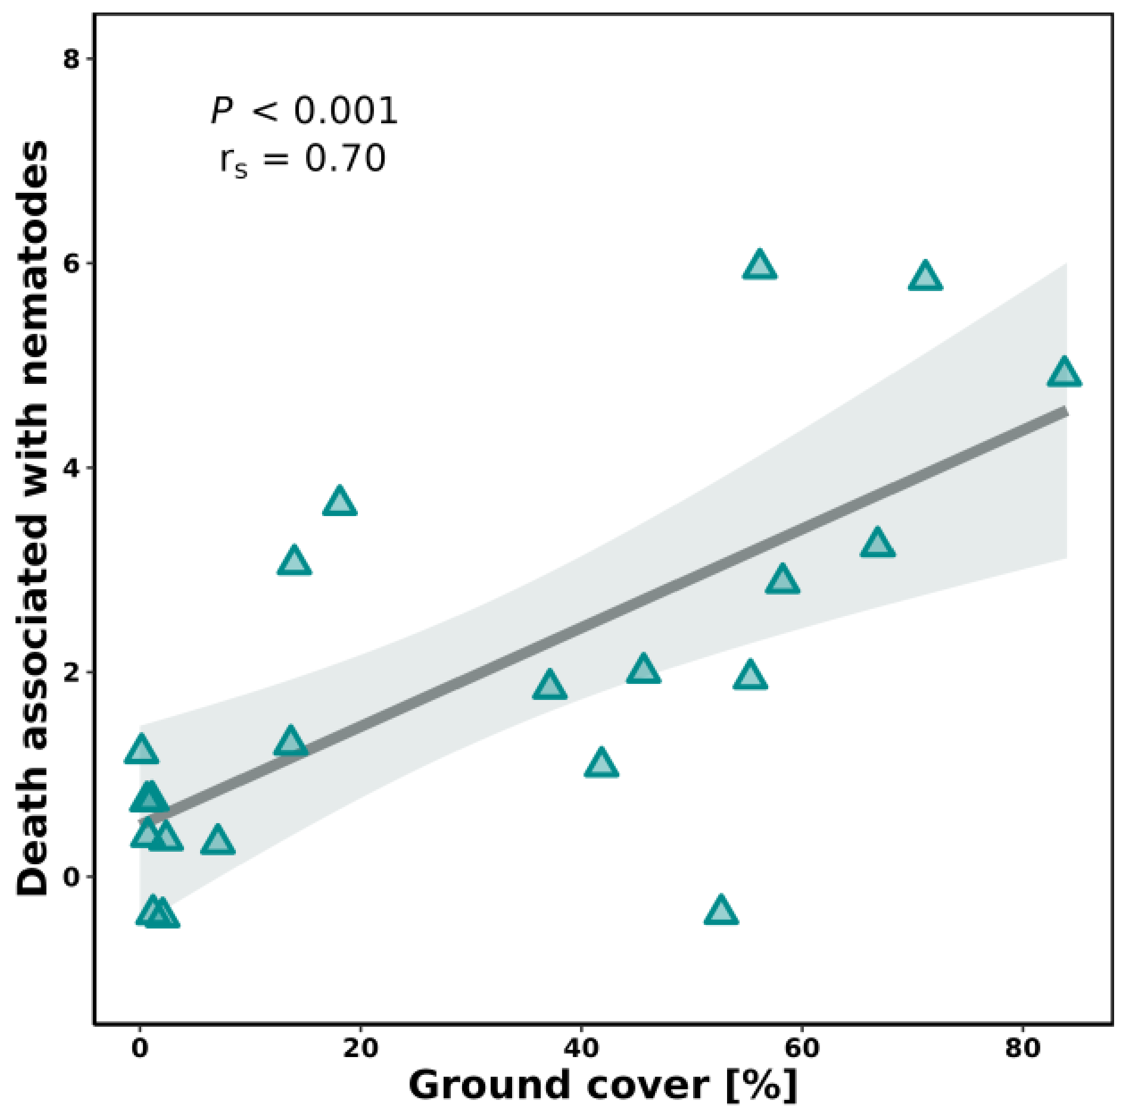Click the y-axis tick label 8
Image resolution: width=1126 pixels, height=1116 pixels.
click(x=71, y=59)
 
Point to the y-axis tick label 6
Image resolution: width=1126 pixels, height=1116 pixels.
click(x=71, y=263)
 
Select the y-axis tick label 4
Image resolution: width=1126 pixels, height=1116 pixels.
click(x=71, y=468)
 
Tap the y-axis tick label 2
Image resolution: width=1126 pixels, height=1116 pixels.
click(x=71, y=673)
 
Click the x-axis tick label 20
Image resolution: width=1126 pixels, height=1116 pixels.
click(x=360, y=1048)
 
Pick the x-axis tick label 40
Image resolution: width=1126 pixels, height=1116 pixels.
click(x=581, y=1048)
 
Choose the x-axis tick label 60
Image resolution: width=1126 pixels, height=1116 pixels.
click(x=801, y=1048)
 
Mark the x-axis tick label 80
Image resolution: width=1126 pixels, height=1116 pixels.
click(x=1022, y=1048)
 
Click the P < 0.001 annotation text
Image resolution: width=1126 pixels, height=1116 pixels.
click(x=304, y=111)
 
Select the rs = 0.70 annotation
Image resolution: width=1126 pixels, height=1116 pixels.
click(x=302, y=160)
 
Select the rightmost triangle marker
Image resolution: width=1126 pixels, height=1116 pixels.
click(x=1064, y=374)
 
